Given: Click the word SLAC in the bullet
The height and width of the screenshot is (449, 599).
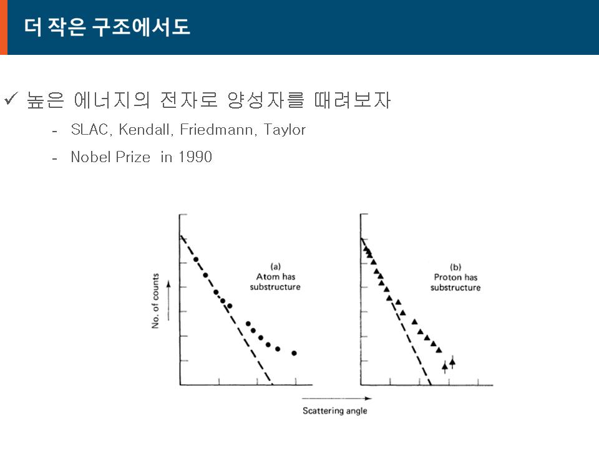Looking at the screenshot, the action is point(90,130).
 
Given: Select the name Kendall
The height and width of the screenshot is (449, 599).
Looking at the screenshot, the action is point(144,130).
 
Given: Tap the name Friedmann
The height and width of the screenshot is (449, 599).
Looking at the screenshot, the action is point(217,130).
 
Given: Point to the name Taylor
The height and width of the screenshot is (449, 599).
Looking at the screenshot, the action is point(285,130).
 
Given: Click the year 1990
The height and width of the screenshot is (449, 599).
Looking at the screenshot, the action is point(195,157).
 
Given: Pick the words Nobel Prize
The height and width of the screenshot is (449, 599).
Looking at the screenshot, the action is point(111,157).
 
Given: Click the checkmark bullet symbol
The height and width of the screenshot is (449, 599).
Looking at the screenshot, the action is point(11,99).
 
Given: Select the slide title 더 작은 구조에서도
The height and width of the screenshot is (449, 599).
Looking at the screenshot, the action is point(107,27).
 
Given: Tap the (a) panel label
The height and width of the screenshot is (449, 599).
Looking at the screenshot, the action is point(275,266).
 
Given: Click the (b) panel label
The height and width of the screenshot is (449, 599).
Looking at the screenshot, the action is point(455,267).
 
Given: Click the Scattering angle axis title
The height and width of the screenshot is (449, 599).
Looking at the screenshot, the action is point(335,411).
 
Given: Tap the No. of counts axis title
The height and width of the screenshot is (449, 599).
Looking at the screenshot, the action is point(155,301).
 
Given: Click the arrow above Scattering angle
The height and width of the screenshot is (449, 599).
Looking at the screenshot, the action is point(336,398).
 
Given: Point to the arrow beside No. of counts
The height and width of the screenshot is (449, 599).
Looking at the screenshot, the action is point(168,301).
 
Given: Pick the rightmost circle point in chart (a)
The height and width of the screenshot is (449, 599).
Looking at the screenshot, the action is point(294,353).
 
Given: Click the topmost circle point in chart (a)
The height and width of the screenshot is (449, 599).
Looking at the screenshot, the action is point(196,259).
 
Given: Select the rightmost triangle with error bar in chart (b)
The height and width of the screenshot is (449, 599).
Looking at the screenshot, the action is point(453,362).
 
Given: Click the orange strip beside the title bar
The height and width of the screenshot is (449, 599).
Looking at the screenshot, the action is point(4,27).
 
